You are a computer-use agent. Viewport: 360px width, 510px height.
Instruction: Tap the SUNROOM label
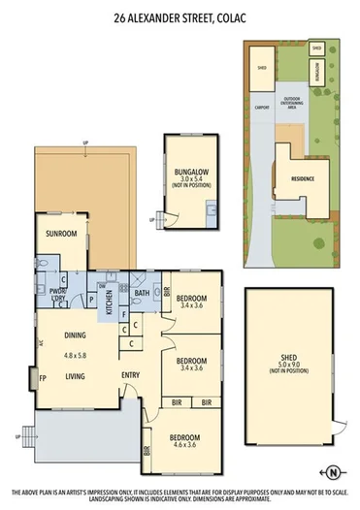pyautogui.click(x=61, y=234)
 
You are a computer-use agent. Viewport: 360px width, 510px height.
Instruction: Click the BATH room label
pyautogui.click(x=142, y=293)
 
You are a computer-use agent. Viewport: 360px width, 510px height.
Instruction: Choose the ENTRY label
pyautogui.click(x=130, y=376)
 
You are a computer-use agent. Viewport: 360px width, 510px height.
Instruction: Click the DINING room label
pyautogui.click(x=76, y=335)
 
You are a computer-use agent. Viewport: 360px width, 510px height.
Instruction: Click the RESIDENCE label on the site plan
pyautogui.click(x=303, y=179)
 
